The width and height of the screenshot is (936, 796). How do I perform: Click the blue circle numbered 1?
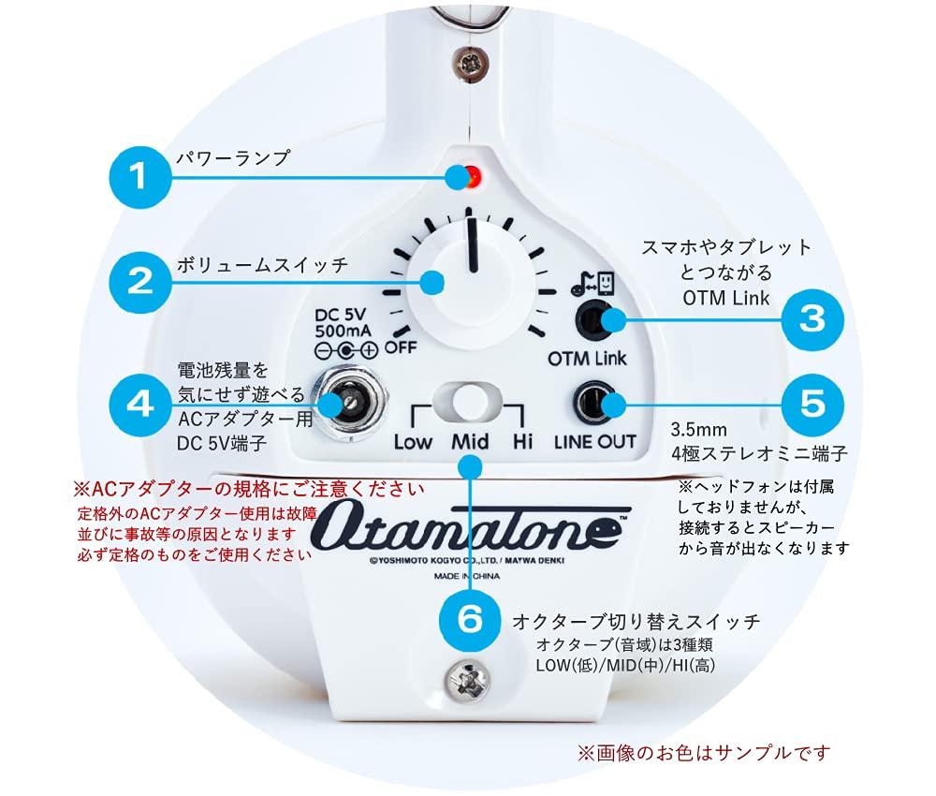pos(139,176)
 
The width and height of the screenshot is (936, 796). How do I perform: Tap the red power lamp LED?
pos(473,174)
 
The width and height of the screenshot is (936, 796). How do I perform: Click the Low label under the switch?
pos(413,441)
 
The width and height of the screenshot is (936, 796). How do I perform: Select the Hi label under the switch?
pos(522,441)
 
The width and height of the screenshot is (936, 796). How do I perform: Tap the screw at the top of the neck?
pos(468,63)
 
